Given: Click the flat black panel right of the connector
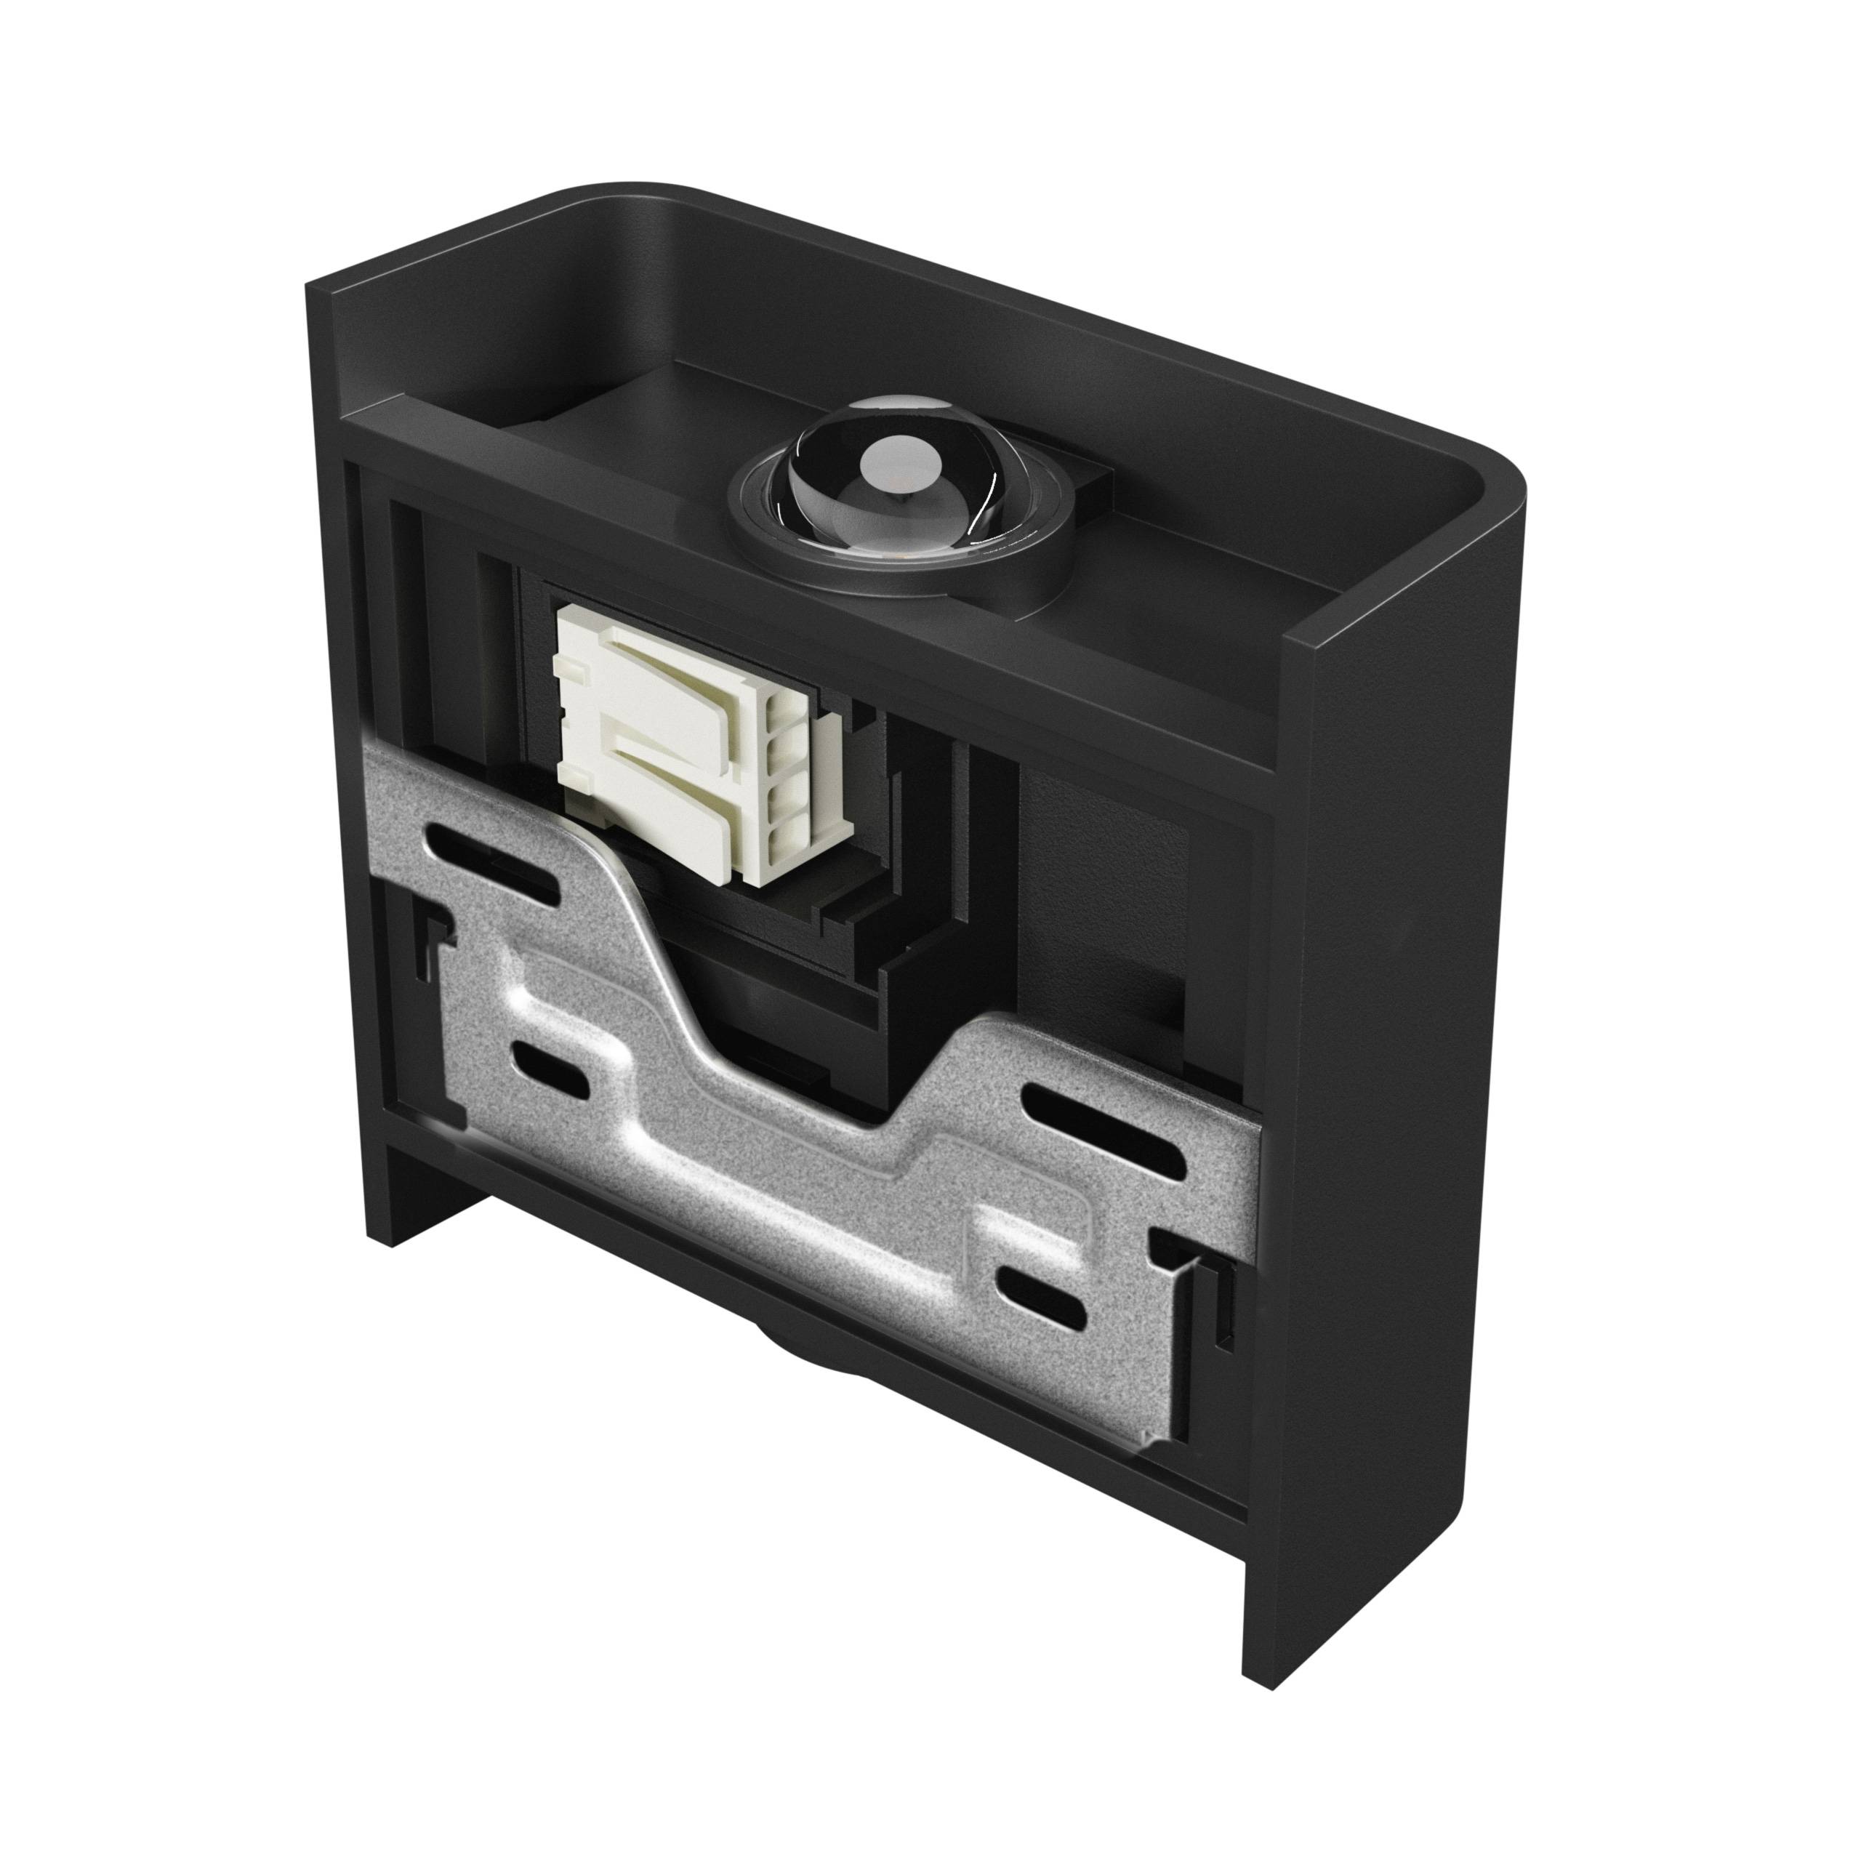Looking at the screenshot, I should (x=1098, y=867).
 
